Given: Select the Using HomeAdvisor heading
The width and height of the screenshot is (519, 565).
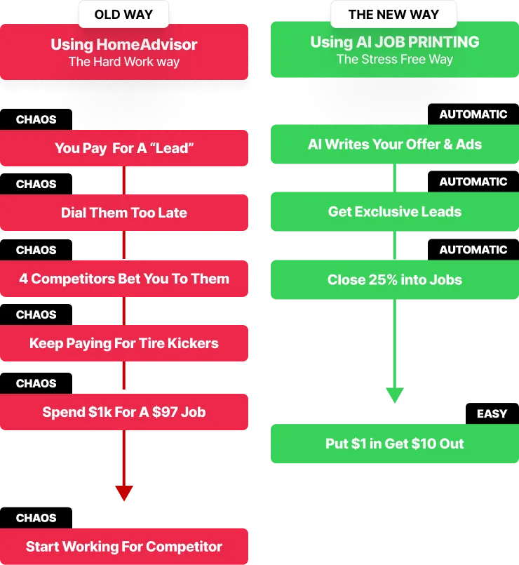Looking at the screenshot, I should (124, 44).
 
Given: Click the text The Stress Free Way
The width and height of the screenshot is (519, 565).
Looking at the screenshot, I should (394, 59).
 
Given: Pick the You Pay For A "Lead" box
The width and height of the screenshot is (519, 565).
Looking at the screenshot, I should (124, 148).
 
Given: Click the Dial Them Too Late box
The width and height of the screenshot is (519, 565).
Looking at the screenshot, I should (124, 213).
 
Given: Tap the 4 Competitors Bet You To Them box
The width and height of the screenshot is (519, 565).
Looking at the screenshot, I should (124, 279).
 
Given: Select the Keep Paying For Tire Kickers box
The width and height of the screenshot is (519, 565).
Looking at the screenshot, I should (124, 343).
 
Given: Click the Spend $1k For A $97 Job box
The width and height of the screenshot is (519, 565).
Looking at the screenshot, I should (124, 412).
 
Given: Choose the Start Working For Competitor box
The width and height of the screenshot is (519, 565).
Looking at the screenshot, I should (124, 547).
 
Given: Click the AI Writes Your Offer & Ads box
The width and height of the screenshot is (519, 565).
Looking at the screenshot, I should (394, 145).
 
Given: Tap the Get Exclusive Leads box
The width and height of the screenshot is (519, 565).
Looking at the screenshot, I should (394, 211).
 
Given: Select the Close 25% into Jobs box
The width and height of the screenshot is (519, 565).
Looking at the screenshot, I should (394, 279).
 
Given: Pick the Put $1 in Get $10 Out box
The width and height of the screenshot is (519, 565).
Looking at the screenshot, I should (394, 444).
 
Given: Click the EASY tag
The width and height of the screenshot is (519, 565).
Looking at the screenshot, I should (492, 413).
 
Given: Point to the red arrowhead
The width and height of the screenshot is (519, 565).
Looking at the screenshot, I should (124, 493).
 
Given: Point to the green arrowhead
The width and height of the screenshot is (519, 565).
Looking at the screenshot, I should (394, 394).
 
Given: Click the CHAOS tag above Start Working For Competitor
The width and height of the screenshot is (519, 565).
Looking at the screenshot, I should (36, 518).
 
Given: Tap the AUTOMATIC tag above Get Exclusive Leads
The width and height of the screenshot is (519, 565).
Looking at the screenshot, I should (473, 182).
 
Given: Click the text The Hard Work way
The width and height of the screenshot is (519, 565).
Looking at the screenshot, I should (124, 62).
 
